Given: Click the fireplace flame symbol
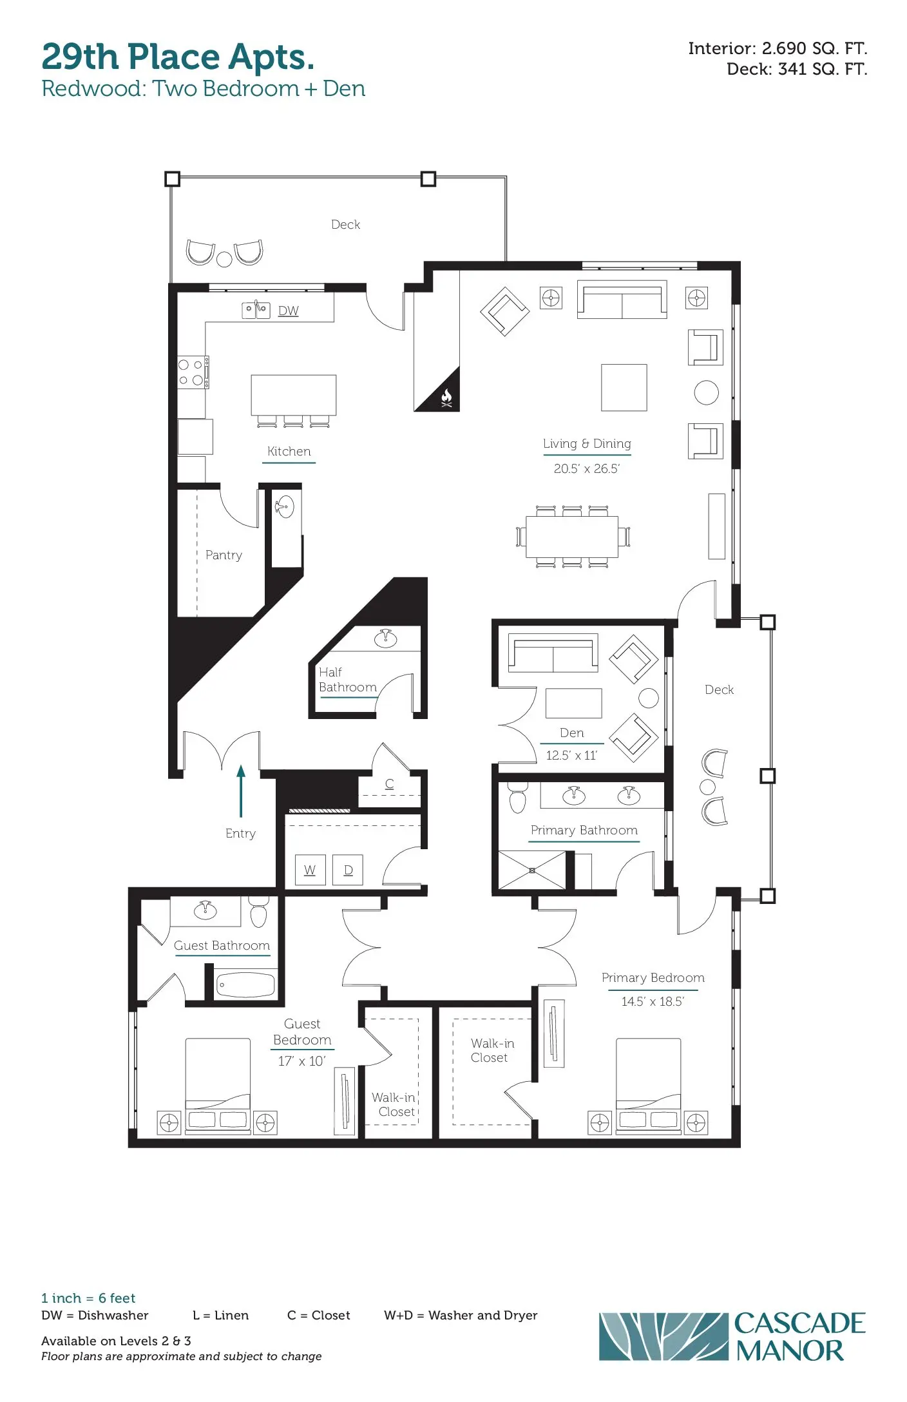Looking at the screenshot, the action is [x=446, y=398].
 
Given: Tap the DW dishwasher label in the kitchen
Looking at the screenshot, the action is [x=289, y=311].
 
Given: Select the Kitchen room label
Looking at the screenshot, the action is [x=289, y=451].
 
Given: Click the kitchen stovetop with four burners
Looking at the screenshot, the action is [x=193, y=372].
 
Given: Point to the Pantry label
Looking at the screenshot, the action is [x=224, y=555].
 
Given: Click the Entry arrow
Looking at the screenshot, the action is [x=241, y=791].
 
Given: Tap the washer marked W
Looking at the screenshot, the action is [x=310, y=870].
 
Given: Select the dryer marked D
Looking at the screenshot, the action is [x=348, y=870].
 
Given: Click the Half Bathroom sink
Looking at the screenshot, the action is [x=386, y=638].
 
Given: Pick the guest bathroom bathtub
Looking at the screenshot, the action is [x=245, y=984].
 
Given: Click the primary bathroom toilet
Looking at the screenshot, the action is [x=517, y=798].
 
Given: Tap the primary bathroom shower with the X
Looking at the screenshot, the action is [x=532, y=870].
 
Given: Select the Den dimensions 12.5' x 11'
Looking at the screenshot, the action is [x=572, y=755].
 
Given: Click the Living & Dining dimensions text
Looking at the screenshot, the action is [x=587, y=468].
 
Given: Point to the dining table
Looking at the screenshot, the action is [x=572, y=537].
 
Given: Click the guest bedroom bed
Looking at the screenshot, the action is [x=218, y=1086].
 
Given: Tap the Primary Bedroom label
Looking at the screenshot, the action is [x=653, y=977].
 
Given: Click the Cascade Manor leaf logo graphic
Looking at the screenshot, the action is [x=664, y=1336].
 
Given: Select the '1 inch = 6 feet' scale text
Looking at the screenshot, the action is [x=88, y=1298].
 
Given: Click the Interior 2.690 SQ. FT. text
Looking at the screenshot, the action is [x=778, y=48].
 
